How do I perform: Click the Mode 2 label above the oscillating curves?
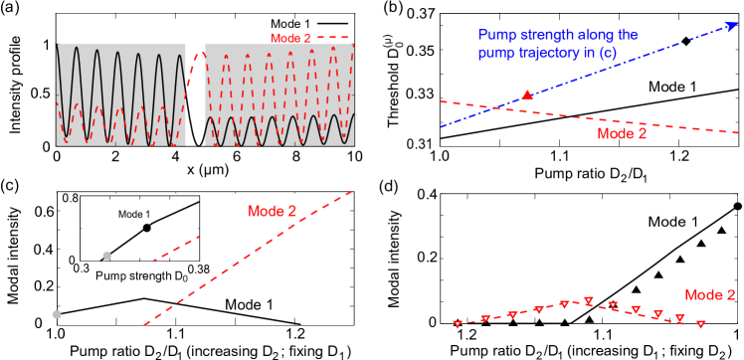point(290,38)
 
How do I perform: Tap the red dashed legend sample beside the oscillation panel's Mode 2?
point(333,38)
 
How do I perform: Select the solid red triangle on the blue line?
point(527,94)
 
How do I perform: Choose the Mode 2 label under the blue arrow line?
point(622,133)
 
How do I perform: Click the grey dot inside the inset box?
point(107,256)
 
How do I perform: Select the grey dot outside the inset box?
point(57,314)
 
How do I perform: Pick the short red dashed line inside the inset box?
point(176,249)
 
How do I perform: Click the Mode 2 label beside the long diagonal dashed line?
point(272,211)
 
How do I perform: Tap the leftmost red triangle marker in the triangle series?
point(458,324)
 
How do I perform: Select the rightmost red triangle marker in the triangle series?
point(701,324)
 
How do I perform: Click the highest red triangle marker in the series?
point(589,300)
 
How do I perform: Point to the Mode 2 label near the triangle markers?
point(710,295)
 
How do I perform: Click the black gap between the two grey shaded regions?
point(195,94)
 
